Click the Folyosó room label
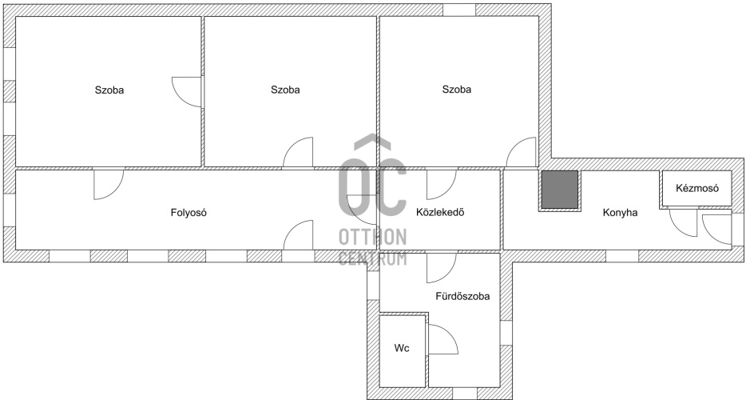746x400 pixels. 188,213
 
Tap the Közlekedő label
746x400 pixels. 440,212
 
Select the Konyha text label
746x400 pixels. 620,213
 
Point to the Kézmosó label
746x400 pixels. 697,188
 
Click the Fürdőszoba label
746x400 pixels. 462,296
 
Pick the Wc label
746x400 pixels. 401,348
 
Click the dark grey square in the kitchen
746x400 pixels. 559,190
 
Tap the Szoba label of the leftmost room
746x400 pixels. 109,90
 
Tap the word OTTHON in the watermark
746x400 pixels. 372,237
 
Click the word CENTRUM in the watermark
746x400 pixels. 372,258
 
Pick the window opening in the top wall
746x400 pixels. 459,10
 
